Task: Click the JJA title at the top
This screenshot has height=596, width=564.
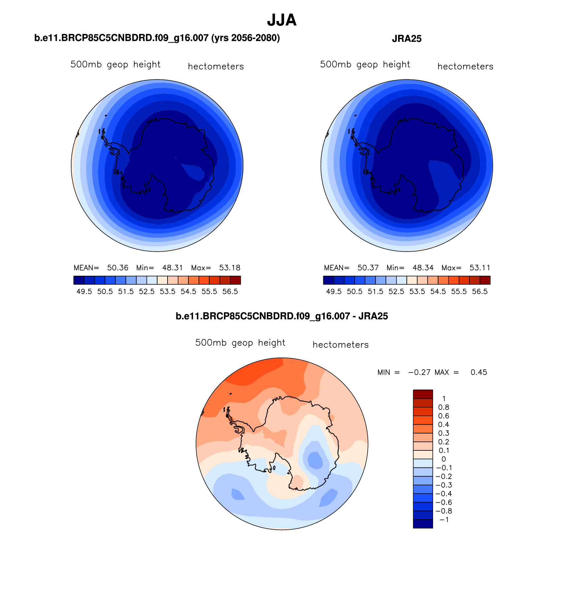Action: [x=282, y=20]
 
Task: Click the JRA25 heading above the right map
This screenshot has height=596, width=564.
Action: [x=406, y=39]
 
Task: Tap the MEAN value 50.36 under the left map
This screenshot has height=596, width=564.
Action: [x=118, y=268]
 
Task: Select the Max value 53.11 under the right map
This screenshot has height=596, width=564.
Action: [x=480, y=268]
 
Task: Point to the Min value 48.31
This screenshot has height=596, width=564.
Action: [x=172, y=268]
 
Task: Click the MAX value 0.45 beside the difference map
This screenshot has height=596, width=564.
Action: [x=479, y=372]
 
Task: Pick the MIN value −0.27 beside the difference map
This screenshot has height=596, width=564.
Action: [x=419, y=372]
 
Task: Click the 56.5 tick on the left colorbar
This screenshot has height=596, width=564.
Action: [x=230, y=292]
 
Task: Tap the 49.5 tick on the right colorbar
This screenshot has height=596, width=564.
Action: [x=334, y=292]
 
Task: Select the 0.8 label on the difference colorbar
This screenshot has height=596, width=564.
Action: [x=444, y=407]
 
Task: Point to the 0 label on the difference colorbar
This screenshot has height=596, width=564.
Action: [x=444, y=459]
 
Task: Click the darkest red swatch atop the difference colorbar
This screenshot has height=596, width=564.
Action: [x=423, y=394]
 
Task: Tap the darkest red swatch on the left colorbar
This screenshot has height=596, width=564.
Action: [x=235, y=280]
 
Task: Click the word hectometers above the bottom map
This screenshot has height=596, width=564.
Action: [x=340, y=345]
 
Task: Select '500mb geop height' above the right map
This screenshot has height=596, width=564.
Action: [x=365, y=64]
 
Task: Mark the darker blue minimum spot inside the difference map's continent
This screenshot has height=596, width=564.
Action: [x=315, y=459]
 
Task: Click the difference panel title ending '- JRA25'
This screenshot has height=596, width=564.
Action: [x=282, y=316]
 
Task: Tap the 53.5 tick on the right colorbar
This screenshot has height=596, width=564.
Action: [x=417, y=292]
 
